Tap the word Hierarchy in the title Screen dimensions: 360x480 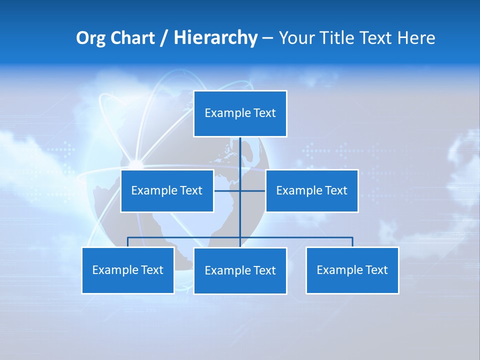(x=215, y=38)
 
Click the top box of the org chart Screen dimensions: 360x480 (x=240, y=113)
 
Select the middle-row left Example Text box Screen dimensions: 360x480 (x=166, y=190)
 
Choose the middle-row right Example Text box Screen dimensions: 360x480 (x=311, y=190)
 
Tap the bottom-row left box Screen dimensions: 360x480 (x=127, y=270)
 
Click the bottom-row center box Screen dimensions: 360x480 (x=240, y=270)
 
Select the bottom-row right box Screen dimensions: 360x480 (x=352, y=270)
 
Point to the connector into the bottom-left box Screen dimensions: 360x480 (x=127, y=242)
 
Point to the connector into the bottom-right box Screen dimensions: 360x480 (x=352, y=242)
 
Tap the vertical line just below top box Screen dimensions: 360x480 (x=240, y=150)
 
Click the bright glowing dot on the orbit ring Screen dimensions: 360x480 (x=135, y=164)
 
